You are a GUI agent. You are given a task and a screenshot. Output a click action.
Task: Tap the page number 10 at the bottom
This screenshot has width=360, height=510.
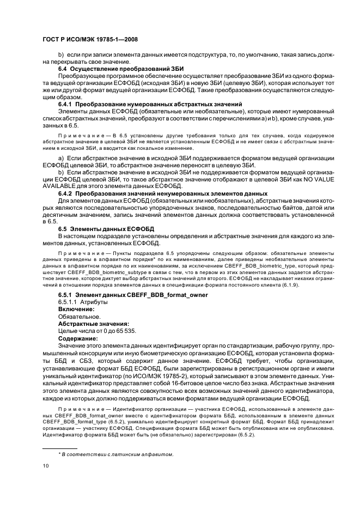(x=46, y=466)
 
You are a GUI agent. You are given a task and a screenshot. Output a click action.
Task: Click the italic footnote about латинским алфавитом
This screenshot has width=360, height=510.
(x=115, y=454)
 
